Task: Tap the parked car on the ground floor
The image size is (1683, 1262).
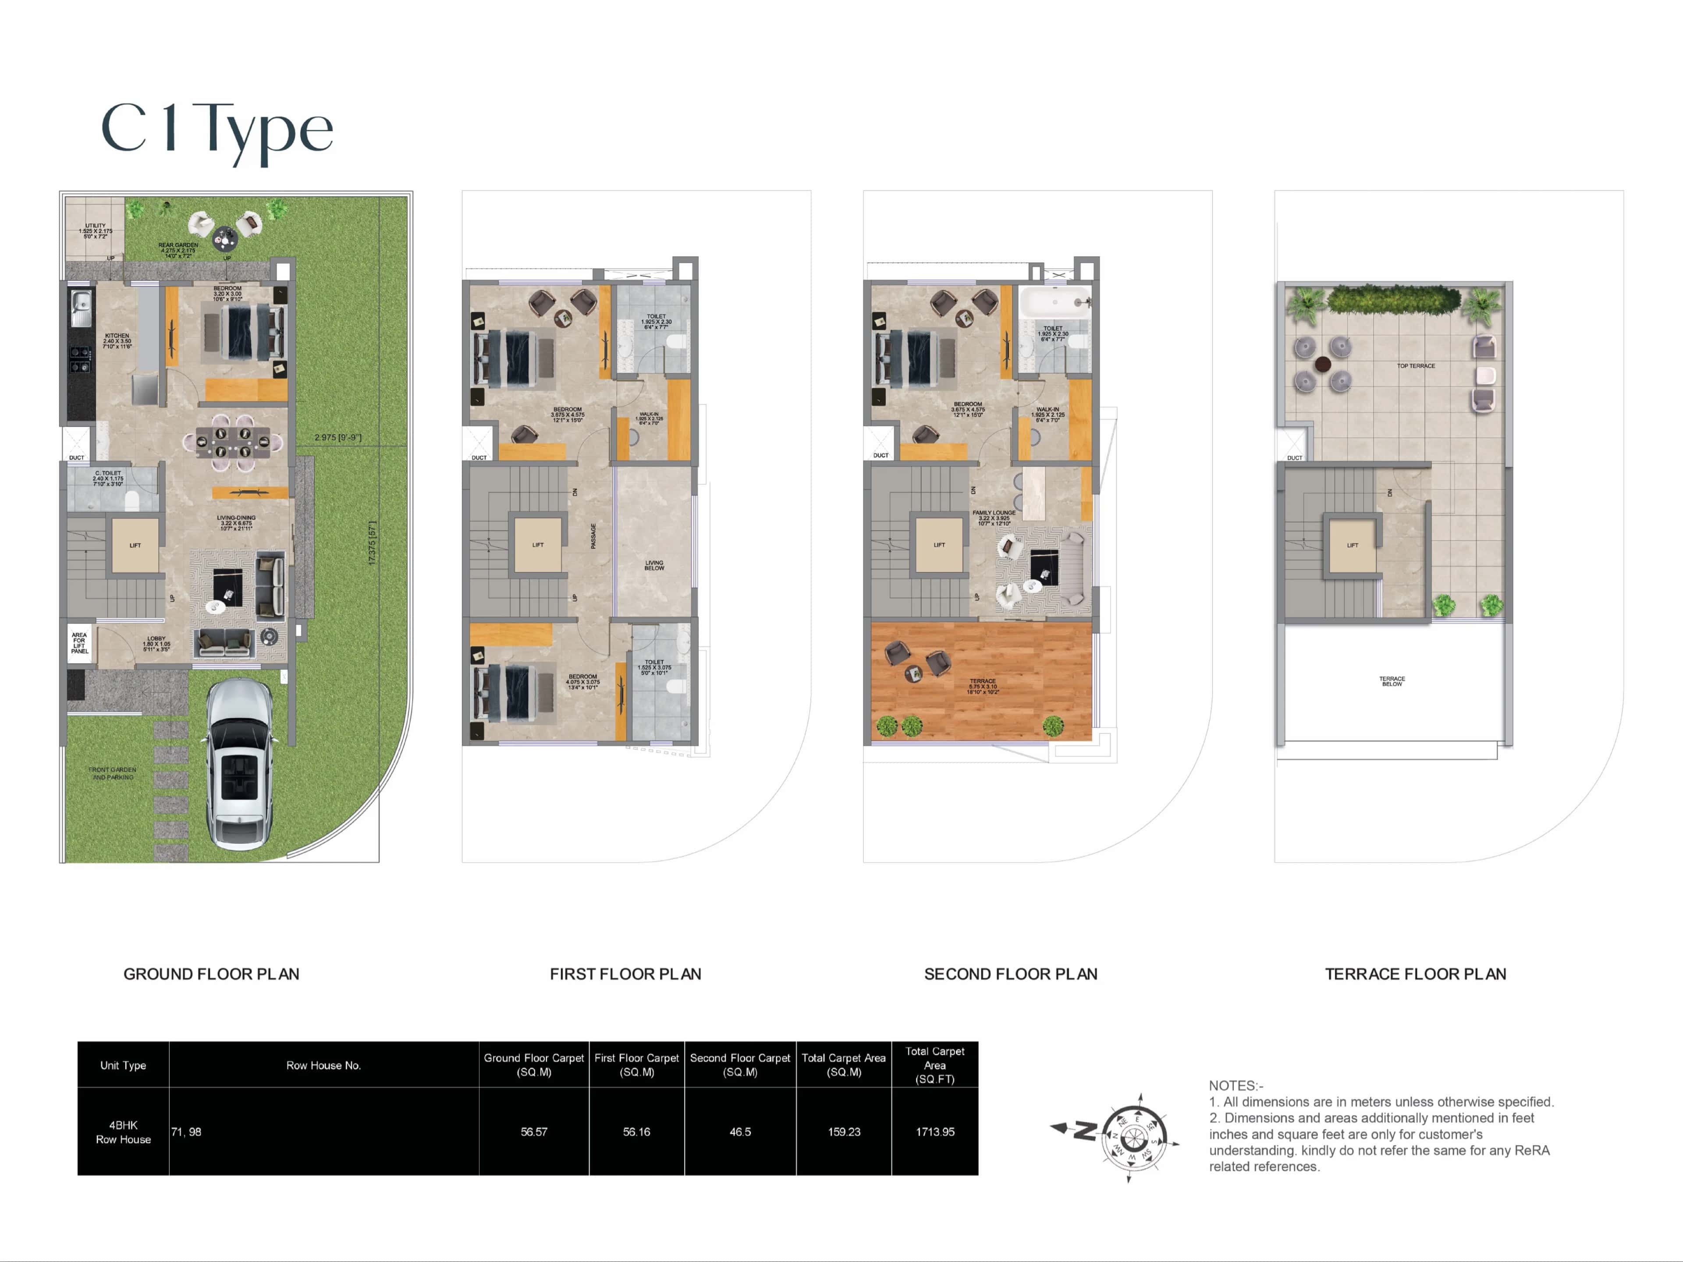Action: [240, 765]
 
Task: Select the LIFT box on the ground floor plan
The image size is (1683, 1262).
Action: [135, 545]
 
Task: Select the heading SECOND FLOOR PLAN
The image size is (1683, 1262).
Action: [1010, 974]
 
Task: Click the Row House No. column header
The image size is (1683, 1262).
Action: [323, 1065]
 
